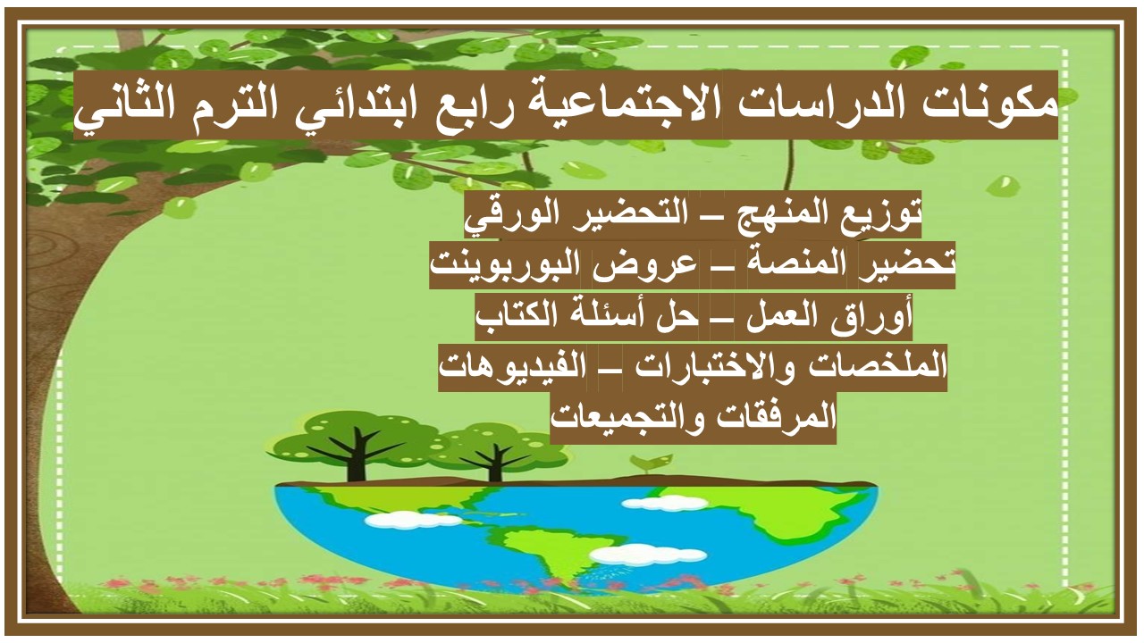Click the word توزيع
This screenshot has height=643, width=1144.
click(880, 214)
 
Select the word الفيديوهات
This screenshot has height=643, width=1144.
click(514, 367)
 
